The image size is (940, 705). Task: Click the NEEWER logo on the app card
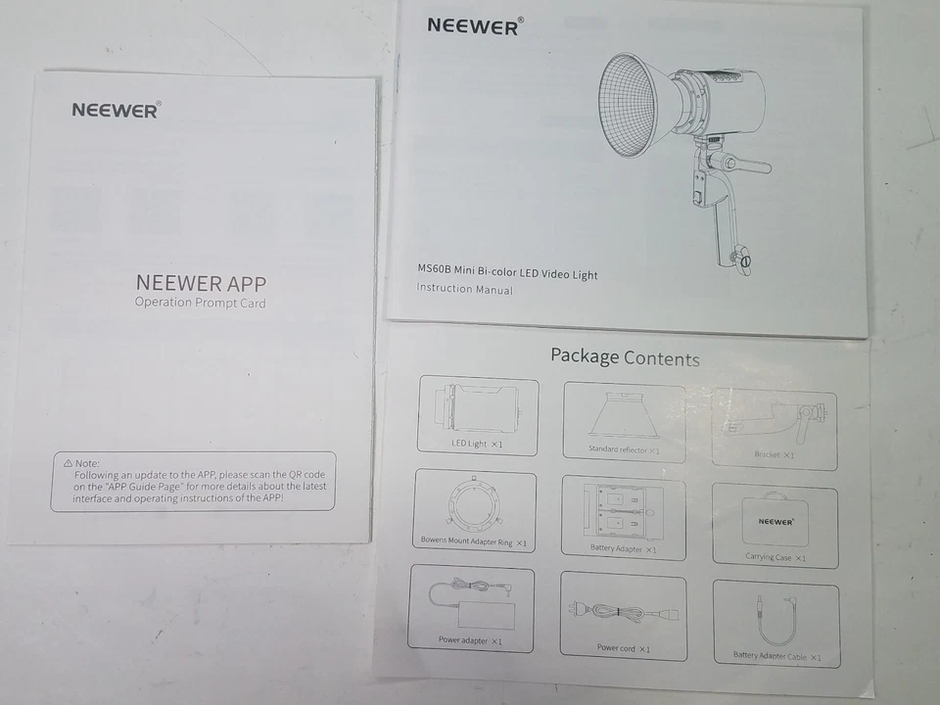115,110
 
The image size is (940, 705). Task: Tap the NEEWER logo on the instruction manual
474,25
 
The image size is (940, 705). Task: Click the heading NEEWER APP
201,283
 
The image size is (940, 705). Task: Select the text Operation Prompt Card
200,304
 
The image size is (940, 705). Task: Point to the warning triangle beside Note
68,462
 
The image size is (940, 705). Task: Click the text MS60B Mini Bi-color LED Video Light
506,273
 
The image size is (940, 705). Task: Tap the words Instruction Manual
464,289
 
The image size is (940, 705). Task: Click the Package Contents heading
625,357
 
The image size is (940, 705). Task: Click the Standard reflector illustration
624,414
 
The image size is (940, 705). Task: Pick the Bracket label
775,454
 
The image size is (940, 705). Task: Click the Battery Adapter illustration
624,510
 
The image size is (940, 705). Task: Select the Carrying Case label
775,557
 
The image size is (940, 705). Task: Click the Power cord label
624,647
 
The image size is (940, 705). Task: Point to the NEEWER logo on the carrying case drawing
775,522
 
